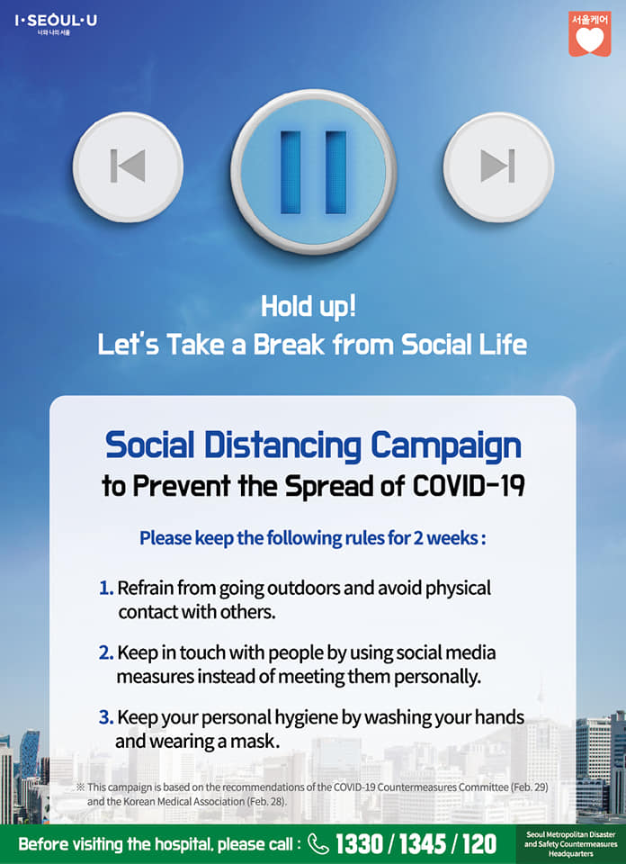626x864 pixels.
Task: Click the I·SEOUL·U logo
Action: [x=56, y=24]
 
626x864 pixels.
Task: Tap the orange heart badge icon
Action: [x=590, y=34]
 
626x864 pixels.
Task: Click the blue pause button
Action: [x=313, y=171]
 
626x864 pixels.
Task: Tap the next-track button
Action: [x=498, y=167]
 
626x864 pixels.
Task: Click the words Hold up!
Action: [x=309, y=308]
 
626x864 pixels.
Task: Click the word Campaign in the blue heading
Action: [x=446, y=446]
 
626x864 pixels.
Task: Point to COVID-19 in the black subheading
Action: [x=468, y=487]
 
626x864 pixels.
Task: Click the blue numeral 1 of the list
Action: [x=106, y=589]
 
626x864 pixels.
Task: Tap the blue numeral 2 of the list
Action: [x=106, y=653]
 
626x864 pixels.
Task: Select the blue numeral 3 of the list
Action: [x=106, y=718]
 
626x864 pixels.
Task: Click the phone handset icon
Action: [x=317, y=844]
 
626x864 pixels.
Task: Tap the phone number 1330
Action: [x=361, y=844]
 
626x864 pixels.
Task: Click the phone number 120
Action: [x=479, y=844]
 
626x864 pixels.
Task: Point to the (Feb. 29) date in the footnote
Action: [x=528, y=787]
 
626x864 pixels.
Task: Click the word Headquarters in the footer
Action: [x=570, y=853]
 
